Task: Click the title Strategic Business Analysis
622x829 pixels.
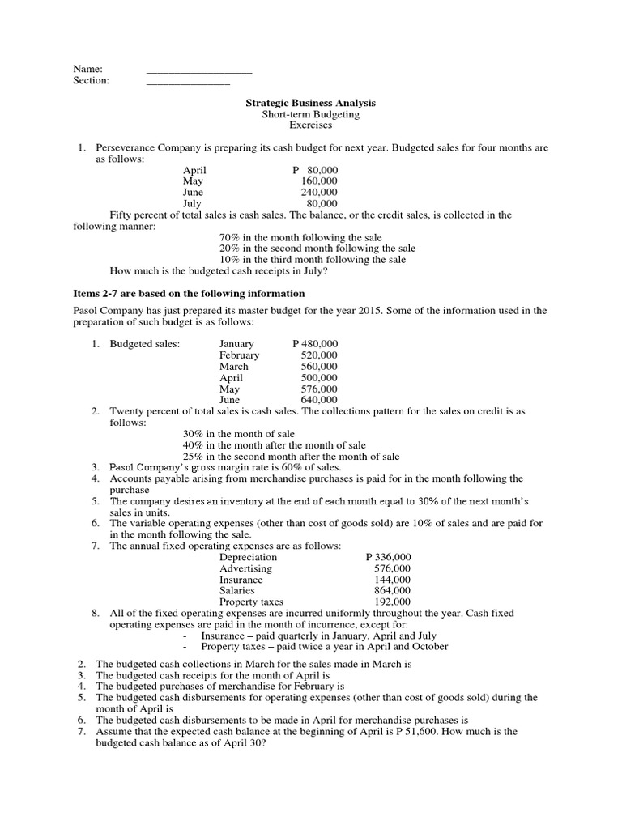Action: pos(311,104)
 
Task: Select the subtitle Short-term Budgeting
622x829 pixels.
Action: pos(311,115)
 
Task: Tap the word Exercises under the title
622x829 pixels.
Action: pos(311,125)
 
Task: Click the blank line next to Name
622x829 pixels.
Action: pos(199,71)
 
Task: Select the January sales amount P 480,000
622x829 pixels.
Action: pos(315,344)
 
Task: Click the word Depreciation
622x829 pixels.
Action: pos(248,557)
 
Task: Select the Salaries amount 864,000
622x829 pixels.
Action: pos(392,591)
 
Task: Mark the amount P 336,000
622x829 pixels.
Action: pos(388,557)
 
